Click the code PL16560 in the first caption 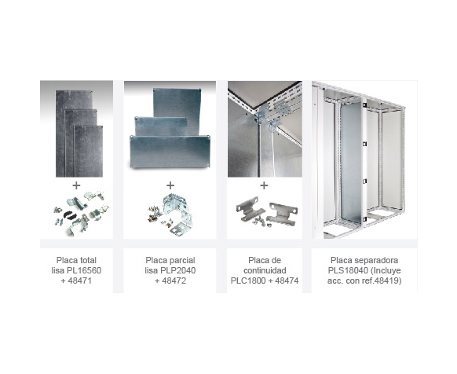tap(84, 270)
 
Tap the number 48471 tap(80, 280)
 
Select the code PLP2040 tap(178, 270)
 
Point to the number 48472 tap(174, 280)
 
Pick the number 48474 tap(287, 280)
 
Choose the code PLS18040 tap(348, 270)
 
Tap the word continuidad tap(265, 270)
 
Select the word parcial tap(183, 260)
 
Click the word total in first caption tap(86, 260)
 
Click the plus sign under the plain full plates tap(76, 185)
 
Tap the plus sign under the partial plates tap(170, 185)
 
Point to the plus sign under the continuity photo tap(264, 185)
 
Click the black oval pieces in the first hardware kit tap(70, 214)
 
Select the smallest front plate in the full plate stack tap(88, 151)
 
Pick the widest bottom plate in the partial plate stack tap(170, 152)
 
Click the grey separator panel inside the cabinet tap(351, 162)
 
